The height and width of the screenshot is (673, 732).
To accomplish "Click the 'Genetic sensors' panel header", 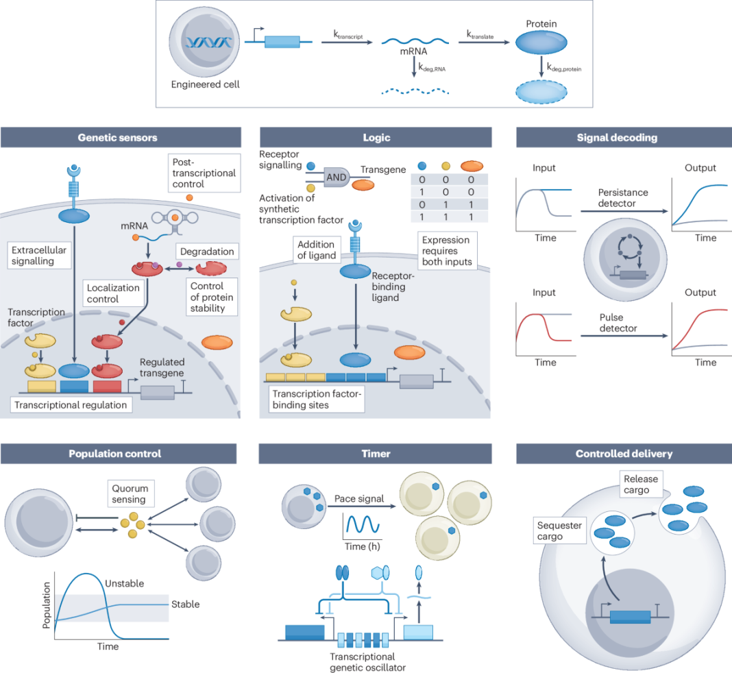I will coord(118,137).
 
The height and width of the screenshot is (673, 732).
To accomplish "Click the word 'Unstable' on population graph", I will coord(124,583).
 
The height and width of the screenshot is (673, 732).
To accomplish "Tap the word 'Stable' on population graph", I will coord(185,604).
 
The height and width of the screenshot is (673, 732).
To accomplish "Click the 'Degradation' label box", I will coord(206,252).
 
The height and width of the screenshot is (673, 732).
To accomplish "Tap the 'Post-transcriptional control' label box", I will coord(203,173).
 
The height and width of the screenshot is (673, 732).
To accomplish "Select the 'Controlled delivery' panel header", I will coord(624,453).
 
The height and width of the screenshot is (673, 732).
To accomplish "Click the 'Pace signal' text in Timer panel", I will coord(361,498).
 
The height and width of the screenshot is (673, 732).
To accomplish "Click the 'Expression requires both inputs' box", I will coord(446,251).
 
